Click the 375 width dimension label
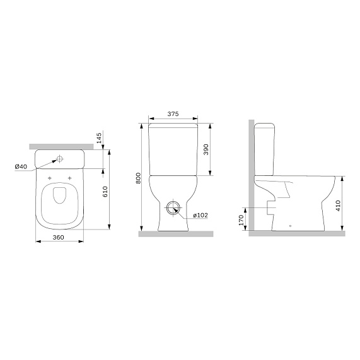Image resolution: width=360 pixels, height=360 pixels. tap(173, 114)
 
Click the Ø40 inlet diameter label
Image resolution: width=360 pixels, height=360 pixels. tap(21, 166)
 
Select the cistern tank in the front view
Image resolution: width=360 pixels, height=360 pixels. tap(173, 149)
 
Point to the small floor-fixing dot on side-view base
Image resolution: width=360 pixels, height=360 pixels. tap(289, 225)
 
